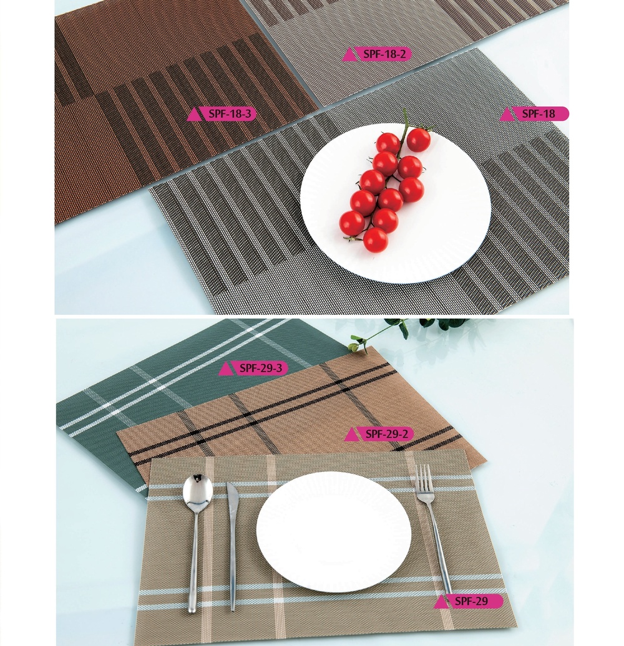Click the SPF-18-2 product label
point(384,54)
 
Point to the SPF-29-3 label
point(261,368)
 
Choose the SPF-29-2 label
point(387,434)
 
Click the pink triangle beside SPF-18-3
point(195,115)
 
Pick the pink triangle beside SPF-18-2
point(349,55)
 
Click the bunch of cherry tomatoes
point(386,187)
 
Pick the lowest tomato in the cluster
point(375,240)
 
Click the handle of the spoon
point(193,561)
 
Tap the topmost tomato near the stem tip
point(418,140)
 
